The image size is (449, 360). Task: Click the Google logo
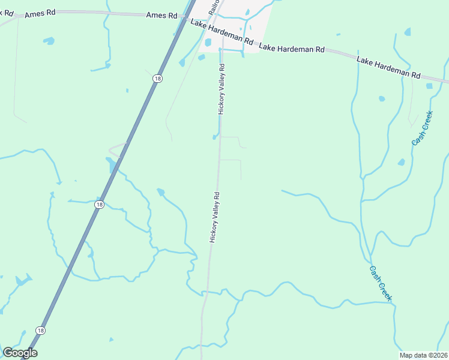click(20, 353)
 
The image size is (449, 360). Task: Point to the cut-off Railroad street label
click(214, 7)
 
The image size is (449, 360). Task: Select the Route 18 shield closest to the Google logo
click(40, 331)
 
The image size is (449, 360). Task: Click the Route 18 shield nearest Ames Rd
click(157, 79)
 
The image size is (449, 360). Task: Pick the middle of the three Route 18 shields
click(98, 205)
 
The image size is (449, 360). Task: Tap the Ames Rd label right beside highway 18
click(161, 16)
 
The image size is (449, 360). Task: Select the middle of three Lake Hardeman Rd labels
click(292, 47)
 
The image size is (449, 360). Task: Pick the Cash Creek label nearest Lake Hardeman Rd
click(422, 132)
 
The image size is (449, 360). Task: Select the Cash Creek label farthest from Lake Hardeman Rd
click(381, 283)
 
